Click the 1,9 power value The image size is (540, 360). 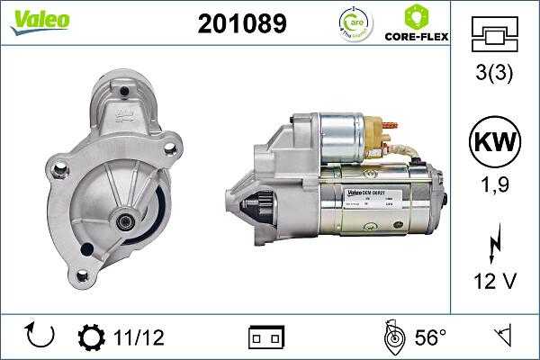tap(497, 185)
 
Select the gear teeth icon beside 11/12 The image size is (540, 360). tap(92, 337)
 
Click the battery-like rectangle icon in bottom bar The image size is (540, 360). tap(265, 337)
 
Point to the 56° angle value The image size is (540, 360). tap(430, 337)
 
